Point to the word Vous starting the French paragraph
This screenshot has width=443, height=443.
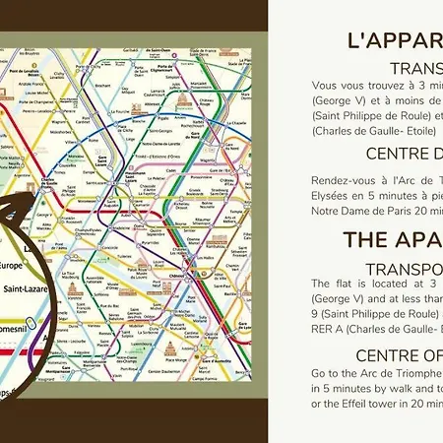tap(325, 87)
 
